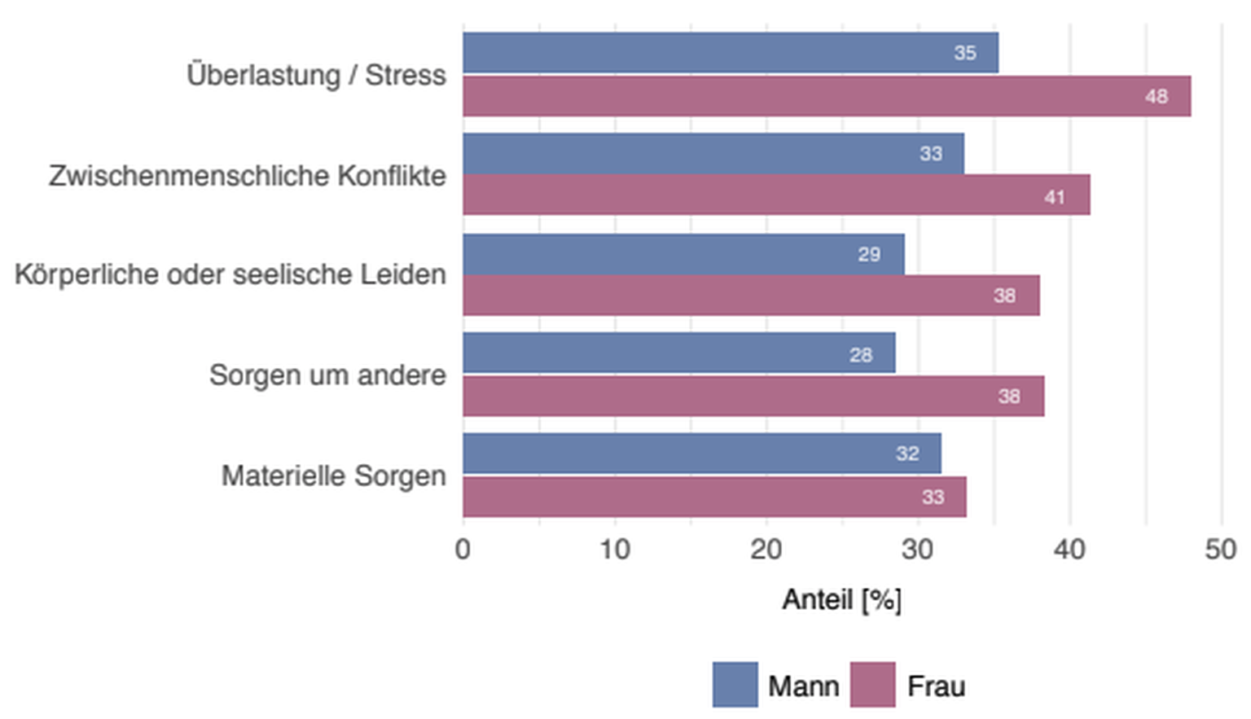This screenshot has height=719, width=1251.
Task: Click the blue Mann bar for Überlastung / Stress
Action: click(x=731, y=53)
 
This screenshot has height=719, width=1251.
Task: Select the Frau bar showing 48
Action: click(x=827, y=96)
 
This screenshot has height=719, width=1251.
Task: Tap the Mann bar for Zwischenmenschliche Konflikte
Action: click(x=713, y=154)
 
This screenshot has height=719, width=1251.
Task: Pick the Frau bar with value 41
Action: click(x=776, y=196)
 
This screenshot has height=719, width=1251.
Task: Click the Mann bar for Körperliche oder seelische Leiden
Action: click(x=683, y=254)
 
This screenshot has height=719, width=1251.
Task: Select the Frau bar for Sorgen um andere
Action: click(x=753, y=396)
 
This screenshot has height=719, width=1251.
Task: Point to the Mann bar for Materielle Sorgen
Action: click(x=702, y=454)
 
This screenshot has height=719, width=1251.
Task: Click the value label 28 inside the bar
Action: click(x=861, y=355)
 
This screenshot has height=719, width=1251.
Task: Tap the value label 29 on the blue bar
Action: click(x=869, y=254)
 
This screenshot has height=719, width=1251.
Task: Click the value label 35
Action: click(x=965, y=53)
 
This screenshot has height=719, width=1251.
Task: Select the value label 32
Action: click(x=907, y=454)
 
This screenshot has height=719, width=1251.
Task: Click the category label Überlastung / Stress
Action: click(x=316, y=75)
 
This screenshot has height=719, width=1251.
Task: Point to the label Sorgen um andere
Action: click(x=327, y=375)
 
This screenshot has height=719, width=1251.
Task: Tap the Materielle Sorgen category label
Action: click(x=333, y=476)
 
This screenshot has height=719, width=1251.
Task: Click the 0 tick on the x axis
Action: click(x=463, y=550)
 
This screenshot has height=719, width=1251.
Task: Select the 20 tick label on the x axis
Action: click(x=766, y=550)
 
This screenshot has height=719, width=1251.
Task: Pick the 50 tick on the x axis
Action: click(x=1221, y=550)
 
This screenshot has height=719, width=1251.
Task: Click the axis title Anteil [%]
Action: click(x=841, y=600)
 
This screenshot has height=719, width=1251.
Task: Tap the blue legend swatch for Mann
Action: click(x=735, y=684)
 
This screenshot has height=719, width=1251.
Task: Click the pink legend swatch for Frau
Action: click(x=872, y=684)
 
